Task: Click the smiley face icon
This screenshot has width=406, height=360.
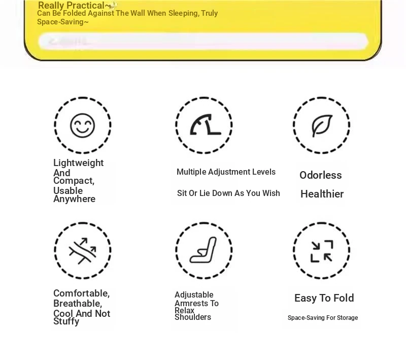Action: click(82, 125)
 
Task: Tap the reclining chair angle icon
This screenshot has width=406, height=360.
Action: click(204, 125)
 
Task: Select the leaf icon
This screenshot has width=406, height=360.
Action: click(321, 125)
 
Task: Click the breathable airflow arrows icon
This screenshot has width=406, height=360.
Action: click(82, 250)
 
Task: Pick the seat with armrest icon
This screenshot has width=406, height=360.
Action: click(204, 250)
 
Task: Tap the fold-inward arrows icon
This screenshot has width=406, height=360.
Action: click(321, 251)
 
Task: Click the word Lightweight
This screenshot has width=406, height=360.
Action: click(78, 163)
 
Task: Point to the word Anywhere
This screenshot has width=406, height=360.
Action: click(74, 199)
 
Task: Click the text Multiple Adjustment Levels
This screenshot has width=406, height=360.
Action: click(226, 172)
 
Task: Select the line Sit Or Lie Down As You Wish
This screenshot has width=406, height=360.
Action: click(228, 193)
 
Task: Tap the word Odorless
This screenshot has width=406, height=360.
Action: click(320, 175)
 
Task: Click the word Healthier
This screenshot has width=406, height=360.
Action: click(322, 194)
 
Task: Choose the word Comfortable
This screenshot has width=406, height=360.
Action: click(81, 293)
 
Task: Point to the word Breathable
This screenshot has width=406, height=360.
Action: click(78, 304)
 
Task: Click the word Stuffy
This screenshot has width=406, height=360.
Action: click(66, 321)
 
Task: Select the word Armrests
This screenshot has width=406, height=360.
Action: click(196, 304)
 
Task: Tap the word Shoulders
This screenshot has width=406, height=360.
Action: click(193, 317)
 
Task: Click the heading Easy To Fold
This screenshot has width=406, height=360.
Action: click(324, 298)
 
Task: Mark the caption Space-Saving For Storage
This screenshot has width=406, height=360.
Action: click(323, 318)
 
